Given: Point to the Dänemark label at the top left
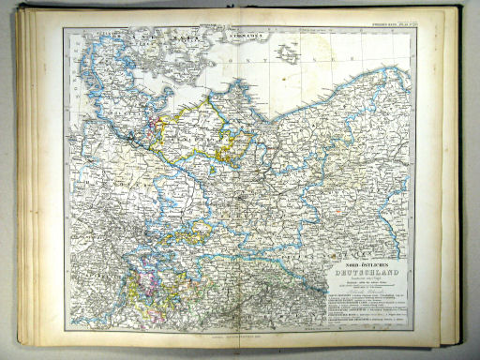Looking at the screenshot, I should (x=127, y=37).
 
